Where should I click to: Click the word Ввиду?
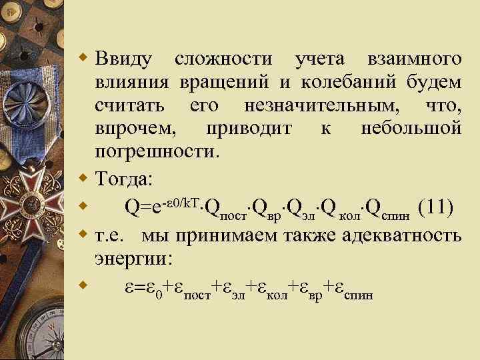[x=123, y=60]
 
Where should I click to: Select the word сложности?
[x=224, y=60]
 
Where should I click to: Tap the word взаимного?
[x=414, y=60]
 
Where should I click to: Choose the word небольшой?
[x=410, y=128]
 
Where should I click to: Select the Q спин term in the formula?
[x=393, y=211]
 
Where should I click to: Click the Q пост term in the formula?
[x=227, y=211]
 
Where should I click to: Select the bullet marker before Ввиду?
[x=83, y=59]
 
